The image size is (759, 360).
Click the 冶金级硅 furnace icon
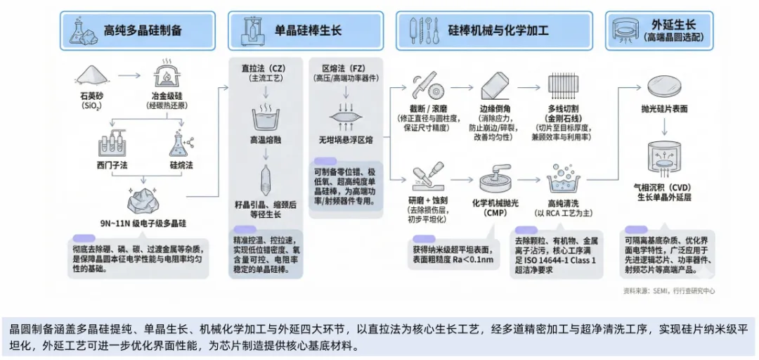point(164,73)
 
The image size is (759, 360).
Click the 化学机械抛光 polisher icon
point(496,180)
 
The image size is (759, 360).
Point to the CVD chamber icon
point(664,159)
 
